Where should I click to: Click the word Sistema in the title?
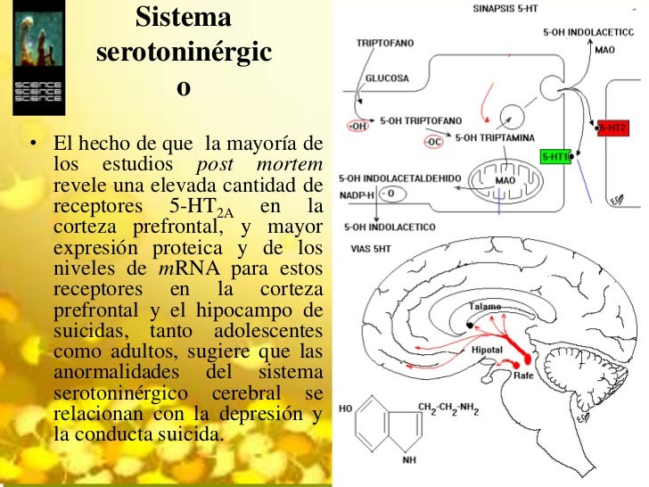[x=185, y=17]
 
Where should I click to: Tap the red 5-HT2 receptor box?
[x=612, y=128]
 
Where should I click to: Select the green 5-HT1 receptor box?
[x=556, y=156]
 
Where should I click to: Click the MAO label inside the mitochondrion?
[x=505, y=179]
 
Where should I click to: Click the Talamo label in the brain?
[x=486, y=306]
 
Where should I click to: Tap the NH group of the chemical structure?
[x=408, y=460]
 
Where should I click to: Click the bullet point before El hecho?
[x=32, y=144]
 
